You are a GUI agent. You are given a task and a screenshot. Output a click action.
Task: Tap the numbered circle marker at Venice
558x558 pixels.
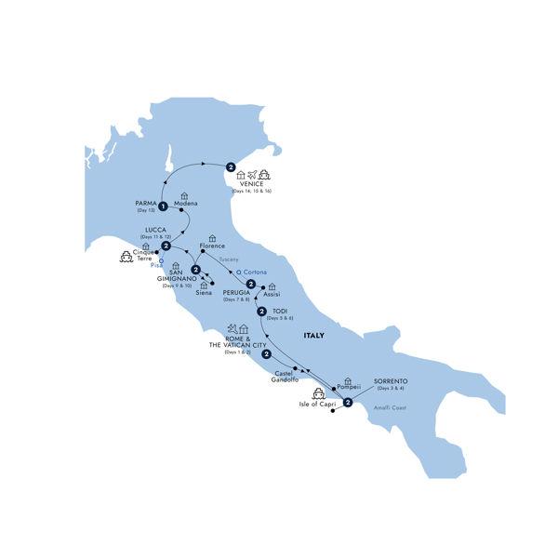[230, 167]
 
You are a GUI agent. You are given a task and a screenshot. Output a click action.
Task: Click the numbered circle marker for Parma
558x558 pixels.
[163, 206]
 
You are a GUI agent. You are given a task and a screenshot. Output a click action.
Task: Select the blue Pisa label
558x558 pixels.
[156, 265]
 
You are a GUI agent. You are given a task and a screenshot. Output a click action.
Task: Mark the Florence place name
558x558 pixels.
[213, 246]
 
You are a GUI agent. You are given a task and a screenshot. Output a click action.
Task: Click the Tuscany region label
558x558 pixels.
[229, 259]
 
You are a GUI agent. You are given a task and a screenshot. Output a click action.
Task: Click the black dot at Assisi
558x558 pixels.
[264, 286]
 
